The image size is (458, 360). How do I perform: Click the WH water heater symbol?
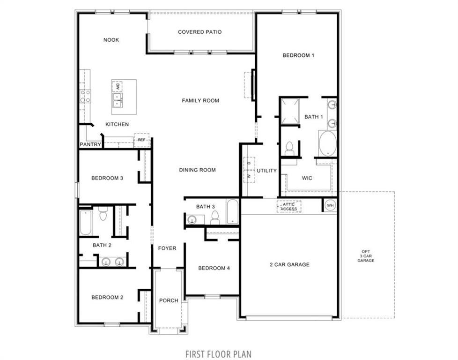(x=330, y=205)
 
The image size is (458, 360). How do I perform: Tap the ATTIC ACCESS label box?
(x=289, y=206)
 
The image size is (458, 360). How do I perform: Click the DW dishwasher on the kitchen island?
(x=118, y=87)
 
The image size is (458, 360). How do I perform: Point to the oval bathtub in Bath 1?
(x=327, y=143)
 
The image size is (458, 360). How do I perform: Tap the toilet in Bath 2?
(x=103, y=215)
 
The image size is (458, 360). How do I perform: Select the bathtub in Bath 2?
(x=85, y=223)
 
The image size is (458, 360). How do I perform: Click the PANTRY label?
(x=90, y=144)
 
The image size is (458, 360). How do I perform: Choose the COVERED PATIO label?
(x=199, y=32)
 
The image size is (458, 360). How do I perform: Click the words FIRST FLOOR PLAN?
(x=219, y=353)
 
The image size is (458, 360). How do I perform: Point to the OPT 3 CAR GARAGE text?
(x=366, y=256)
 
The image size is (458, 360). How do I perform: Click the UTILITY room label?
(x=266, y=171)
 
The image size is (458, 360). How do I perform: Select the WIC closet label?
(x=307, y=178)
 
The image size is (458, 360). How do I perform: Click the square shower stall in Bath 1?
(x=290, y=111)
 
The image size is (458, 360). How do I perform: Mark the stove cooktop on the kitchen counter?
(x=85, y=96)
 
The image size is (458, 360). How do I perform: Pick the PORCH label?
(x=169, y=300)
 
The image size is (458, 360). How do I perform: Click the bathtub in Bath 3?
(x=233, y=212)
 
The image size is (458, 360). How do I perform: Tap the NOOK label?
(x=111, y=40)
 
